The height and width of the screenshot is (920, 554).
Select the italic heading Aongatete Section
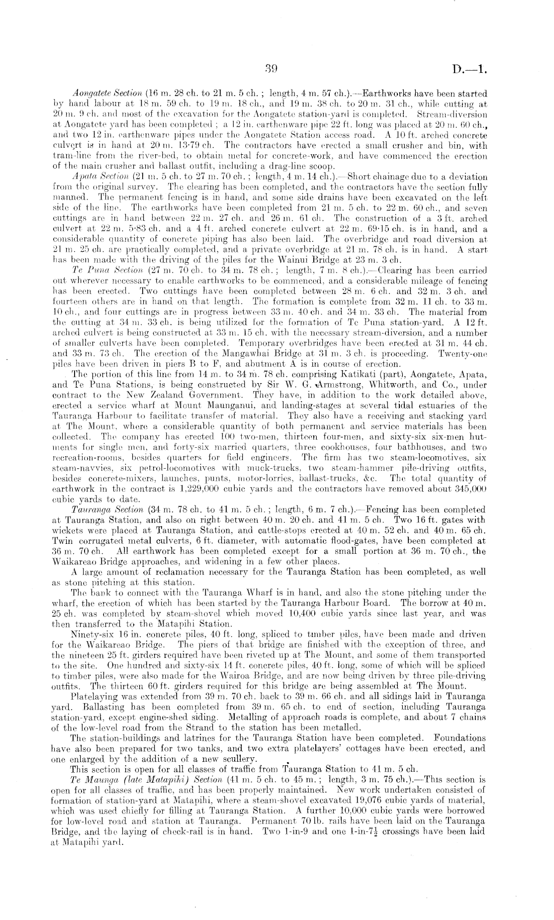[97, 94]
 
